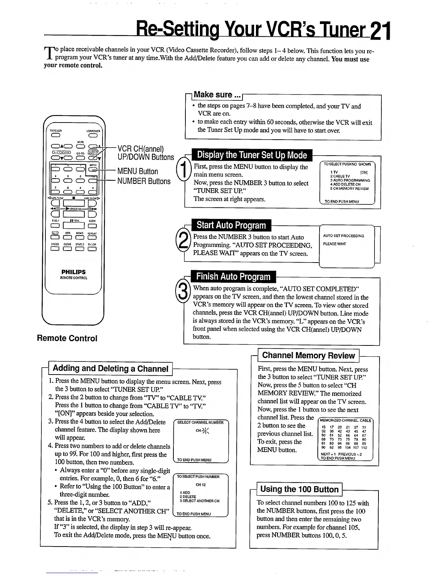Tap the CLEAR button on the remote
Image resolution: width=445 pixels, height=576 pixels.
67,249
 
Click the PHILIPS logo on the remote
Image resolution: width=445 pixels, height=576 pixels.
73,272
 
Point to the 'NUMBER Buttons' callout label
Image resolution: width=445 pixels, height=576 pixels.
144,181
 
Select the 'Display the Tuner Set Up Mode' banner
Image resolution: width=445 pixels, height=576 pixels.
252,155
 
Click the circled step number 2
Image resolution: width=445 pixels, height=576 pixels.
181,240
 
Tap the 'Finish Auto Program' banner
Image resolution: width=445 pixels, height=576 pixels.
233,277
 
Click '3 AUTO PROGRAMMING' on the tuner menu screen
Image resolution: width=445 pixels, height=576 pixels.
350,180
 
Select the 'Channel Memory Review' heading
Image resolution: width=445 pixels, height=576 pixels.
308,356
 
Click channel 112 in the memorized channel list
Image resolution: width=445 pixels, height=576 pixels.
364,448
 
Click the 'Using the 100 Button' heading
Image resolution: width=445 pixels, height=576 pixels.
299,489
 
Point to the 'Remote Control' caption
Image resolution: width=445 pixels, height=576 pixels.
67,338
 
